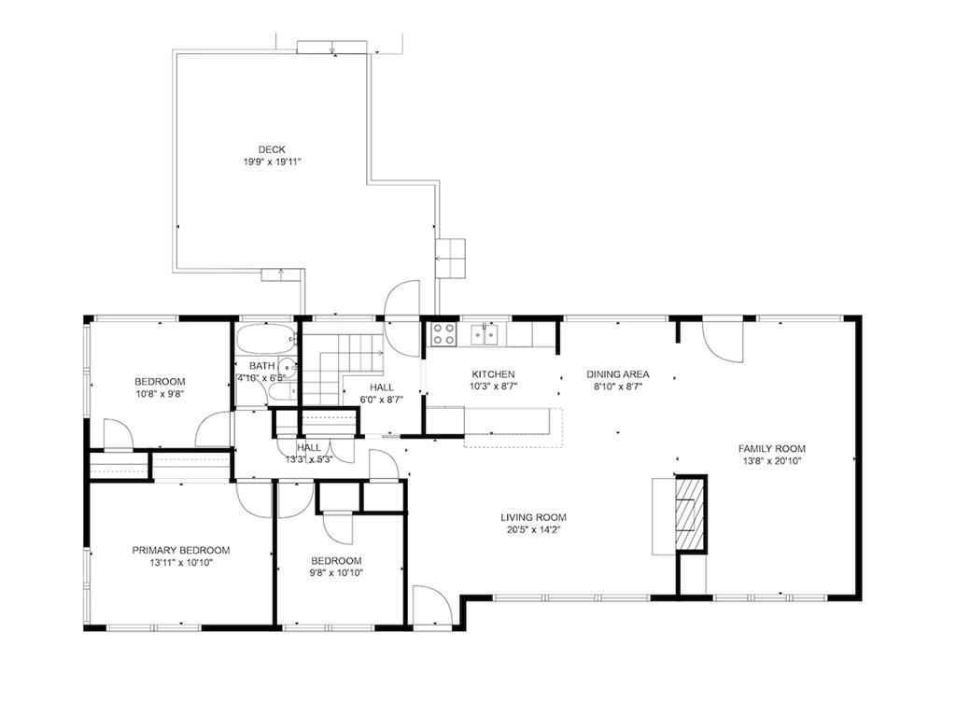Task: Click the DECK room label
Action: [x=272, y=149]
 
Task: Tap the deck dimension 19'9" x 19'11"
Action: [x=273, y=162]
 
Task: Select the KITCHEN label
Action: [x=493, y=373]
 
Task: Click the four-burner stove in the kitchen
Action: [x=443, y=333]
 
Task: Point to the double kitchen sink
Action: [x=485, y=333]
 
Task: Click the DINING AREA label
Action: [x=618, y=373]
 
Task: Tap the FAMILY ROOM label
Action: [x=772, y=448]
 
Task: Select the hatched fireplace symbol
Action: [x=690, y=513]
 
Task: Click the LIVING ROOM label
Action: [x=533, y=517]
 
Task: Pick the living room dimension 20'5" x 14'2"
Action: [x=533, y=530]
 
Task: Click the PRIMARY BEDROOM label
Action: [x=181, y=550]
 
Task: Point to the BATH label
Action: [x=261, y=366]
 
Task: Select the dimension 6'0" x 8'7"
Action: [x=382, y=400]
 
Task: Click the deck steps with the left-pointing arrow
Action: [x=450, y=259]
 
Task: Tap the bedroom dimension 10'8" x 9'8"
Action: [x=160, y=394]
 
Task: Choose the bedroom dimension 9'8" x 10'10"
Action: [x=336, y=572]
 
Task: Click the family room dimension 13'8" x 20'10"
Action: [x=772, y=461]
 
